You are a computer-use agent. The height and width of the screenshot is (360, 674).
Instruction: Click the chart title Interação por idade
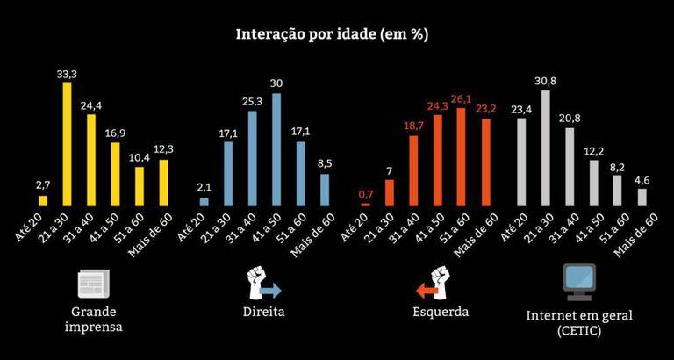332,35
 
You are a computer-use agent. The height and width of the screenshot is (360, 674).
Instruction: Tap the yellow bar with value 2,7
43,197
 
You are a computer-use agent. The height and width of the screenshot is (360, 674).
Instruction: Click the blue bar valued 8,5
325,190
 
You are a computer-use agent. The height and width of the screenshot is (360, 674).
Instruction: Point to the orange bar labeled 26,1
462,157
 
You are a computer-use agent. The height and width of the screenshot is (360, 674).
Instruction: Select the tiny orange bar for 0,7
365,204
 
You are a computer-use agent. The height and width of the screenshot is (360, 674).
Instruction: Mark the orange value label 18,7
413,126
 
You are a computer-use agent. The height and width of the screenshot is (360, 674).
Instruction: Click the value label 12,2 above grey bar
593,150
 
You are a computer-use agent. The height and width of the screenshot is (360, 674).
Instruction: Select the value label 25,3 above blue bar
253,101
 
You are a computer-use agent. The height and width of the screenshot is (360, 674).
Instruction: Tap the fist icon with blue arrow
262,284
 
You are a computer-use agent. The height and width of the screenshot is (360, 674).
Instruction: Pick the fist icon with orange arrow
431,284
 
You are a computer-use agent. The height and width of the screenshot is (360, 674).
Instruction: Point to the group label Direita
263,312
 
